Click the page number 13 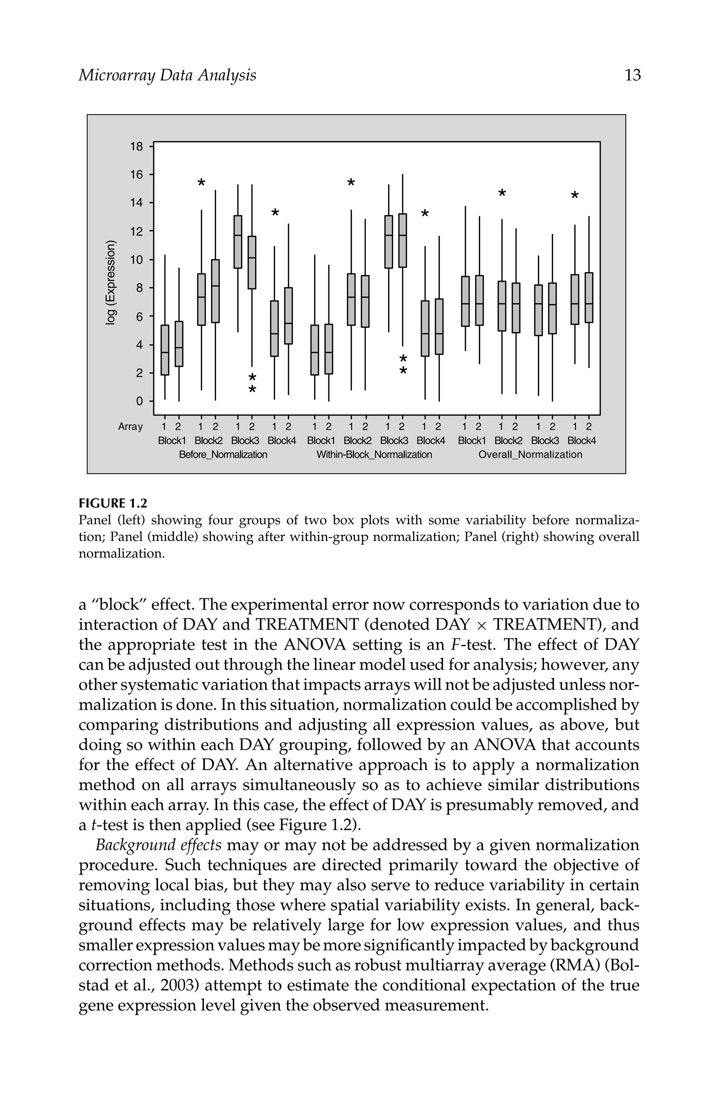click(632, 76)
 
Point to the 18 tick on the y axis click(136, 146)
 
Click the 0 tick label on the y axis click(139, 401)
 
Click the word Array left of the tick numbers click(130, 427)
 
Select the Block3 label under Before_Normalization click(245, 441)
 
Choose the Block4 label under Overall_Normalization click(582, 441)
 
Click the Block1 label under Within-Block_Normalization click(321, 441)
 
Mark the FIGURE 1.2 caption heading click(112, 504)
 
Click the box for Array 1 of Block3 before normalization click(238, 241)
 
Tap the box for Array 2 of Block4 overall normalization click(589, 297)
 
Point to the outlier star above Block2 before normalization click(201, 182)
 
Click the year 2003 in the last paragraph click(180, 985)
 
